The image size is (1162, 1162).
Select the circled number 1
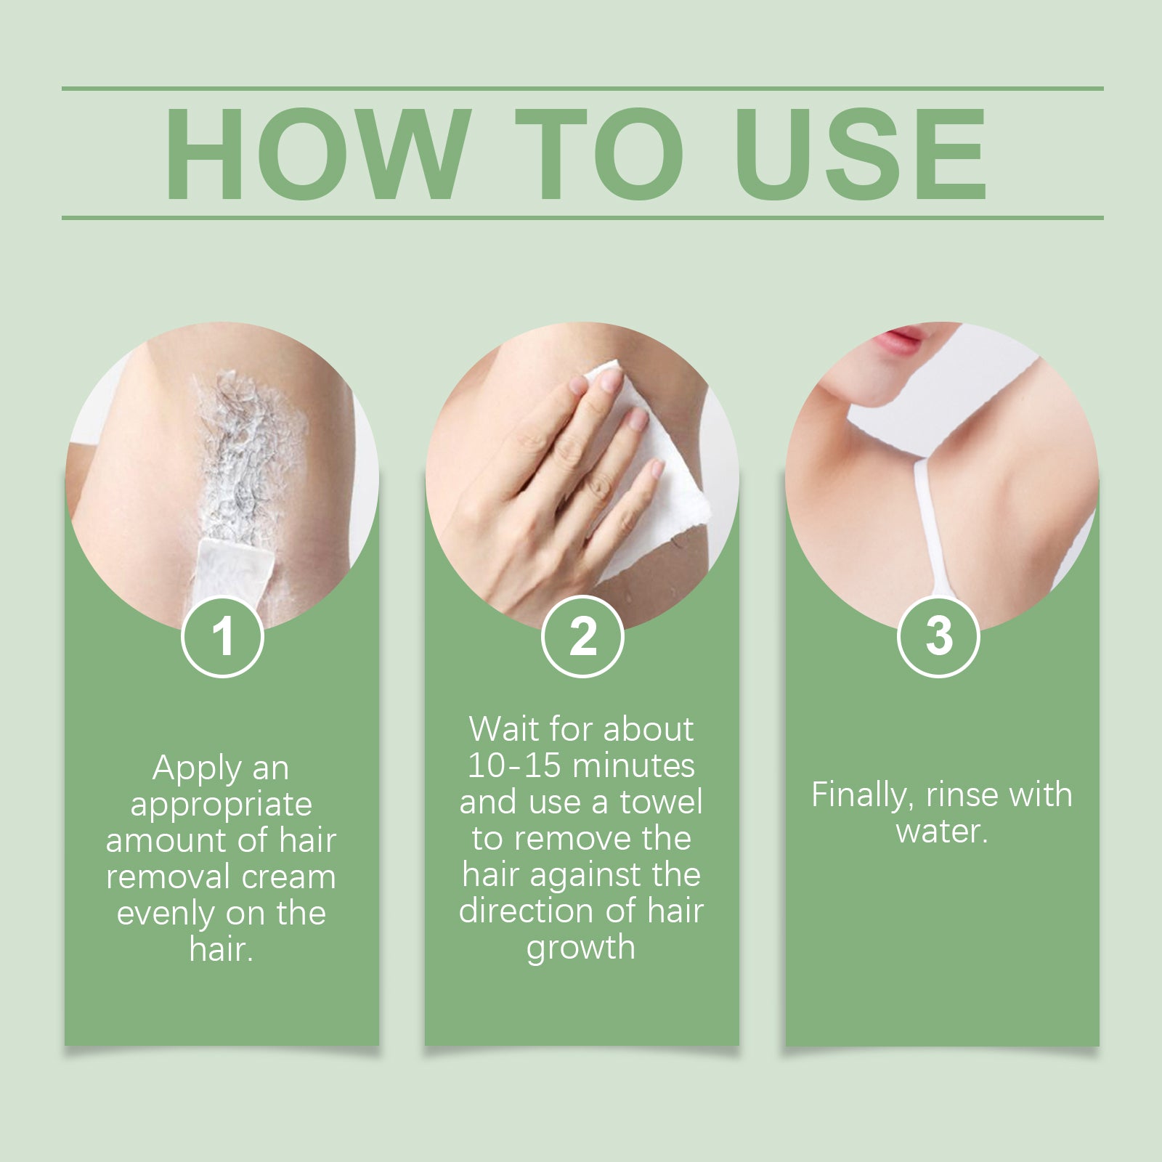(222, 637)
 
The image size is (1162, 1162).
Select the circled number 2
(582, 637)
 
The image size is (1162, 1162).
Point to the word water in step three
(940, 831)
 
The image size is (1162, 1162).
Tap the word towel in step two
(661, 803)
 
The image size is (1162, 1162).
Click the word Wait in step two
(503, 729)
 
